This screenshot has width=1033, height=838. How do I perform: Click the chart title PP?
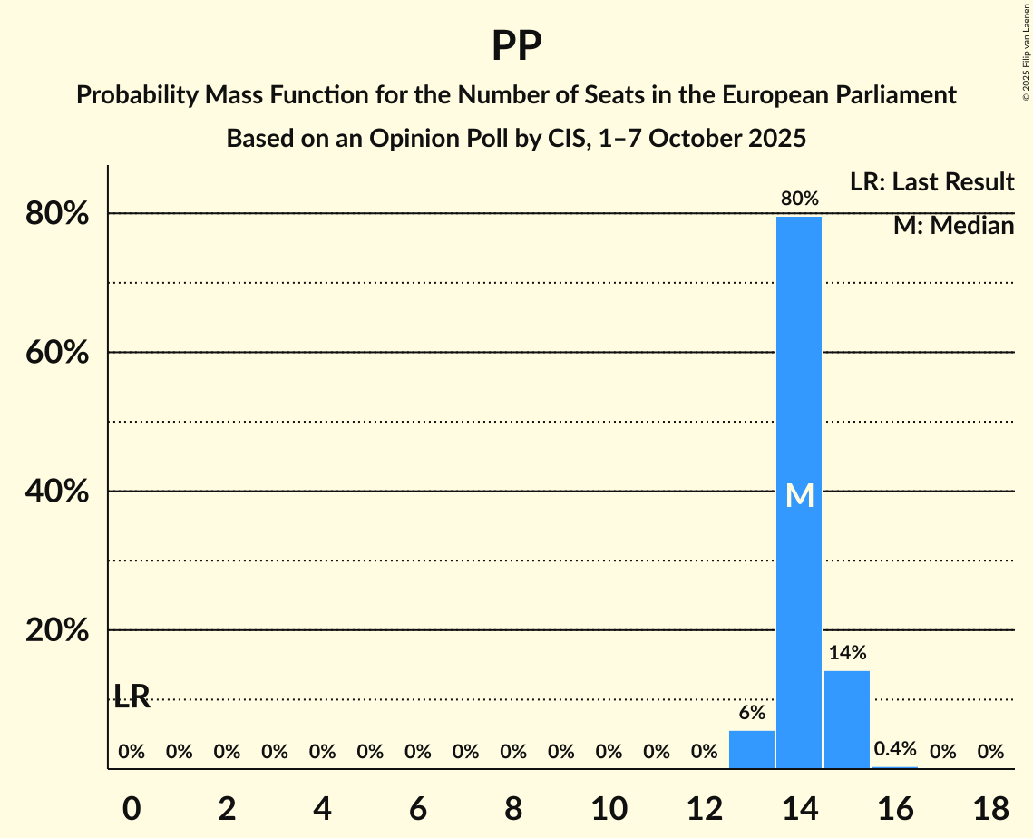coord(516,45)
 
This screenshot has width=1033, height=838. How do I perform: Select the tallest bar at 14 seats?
coord(799,490)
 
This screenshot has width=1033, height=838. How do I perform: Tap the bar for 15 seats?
coord(847,719)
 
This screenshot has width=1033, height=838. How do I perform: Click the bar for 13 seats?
coord(752,749)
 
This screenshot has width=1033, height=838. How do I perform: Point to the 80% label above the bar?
coord(799,199)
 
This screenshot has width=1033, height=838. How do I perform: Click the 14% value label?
coord(847,653)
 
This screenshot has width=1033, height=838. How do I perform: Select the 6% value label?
coord(752,713)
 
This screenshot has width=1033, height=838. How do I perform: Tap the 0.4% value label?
coord(895,749)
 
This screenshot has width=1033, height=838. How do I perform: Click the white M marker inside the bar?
coord(799,495)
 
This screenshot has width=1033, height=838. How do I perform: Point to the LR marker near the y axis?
coord(132,697)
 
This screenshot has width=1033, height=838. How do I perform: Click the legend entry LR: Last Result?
coord(931,182)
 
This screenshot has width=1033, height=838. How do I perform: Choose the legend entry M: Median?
coord(953,226)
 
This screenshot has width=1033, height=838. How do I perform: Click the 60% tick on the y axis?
coord(57,353)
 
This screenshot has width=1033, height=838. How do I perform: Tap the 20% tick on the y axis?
coord(57,630)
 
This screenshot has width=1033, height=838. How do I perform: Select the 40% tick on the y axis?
coord(57,492)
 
